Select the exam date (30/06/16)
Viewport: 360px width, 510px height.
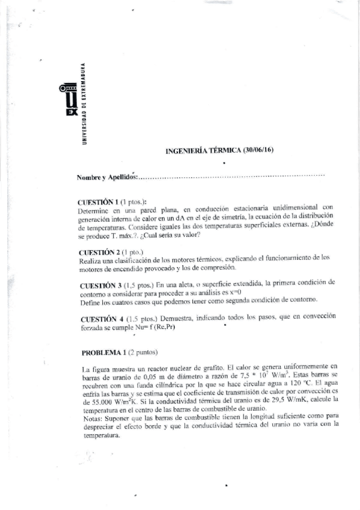pos(258,150)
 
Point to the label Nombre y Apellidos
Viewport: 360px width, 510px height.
pos(108,177)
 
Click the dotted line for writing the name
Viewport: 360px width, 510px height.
pos(231,176)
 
